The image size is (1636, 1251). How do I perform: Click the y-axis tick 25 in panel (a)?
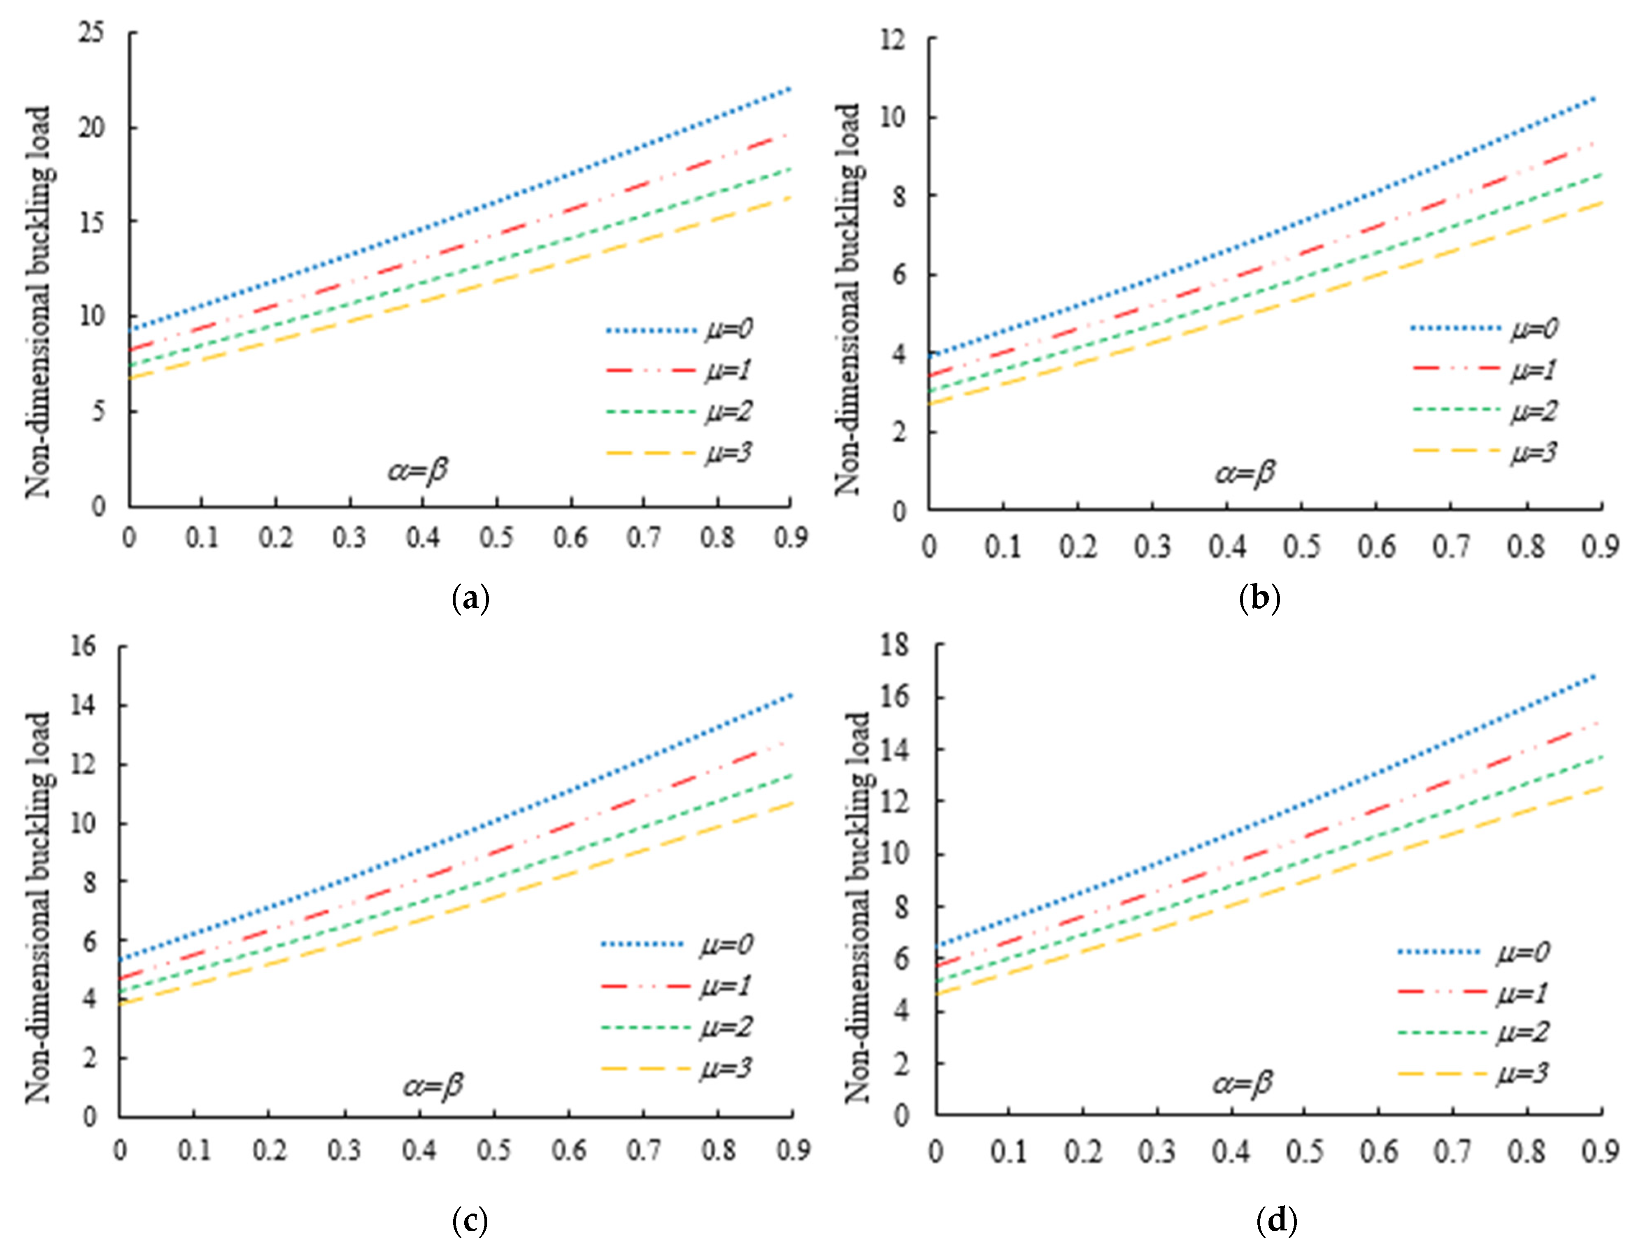[91, 33]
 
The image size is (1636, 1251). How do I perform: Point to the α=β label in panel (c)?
[433, 1086]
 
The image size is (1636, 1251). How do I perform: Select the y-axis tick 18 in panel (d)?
[894, 645]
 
